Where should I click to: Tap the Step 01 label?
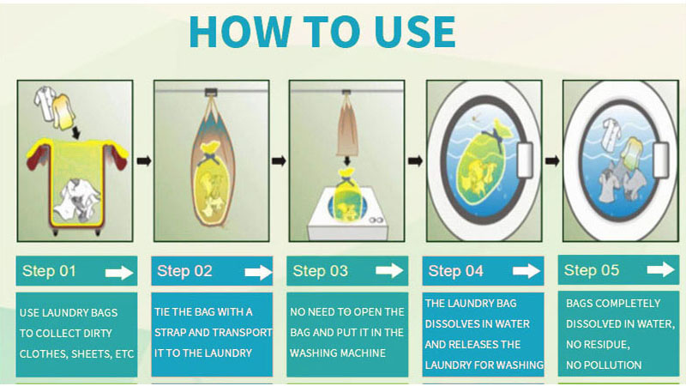tap(50, 272)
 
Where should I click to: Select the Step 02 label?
tap(184, 272)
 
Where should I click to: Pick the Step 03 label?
tap(321, 272)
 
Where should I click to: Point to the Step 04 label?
tap(456, 272)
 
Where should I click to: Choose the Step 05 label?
tap(592, 271)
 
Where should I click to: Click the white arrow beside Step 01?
tap(118, 273)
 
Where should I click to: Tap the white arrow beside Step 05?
tap(661, 270)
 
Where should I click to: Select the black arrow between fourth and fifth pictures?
tap(551, 160)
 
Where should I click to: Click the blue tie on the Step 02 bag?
tap(208, 160)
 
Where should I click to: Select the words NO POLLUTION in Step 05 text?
tap(604, 365)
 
